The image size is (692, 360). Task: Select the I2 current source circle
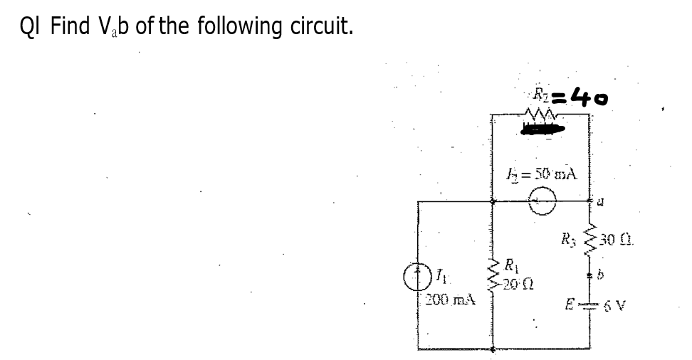click(x=542, y=203)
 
